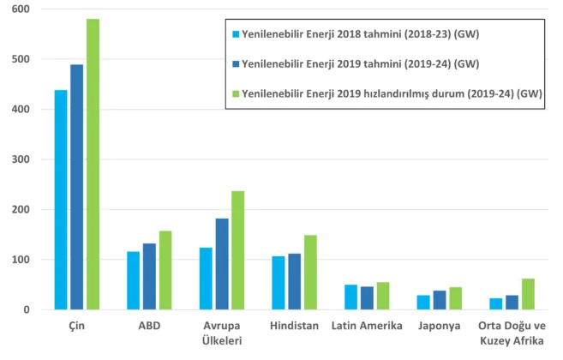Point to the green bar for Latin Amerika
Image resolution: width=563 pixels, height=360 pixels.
382,296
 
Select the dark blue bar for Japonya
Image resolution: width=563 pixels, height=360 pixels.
439,300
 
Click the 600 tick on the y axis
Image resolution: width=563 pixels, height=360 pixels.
18,9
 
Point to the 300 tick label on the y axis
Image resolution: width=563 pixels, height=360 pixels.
18,159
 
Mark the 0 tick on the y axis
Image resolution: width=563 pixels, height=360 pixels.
25,309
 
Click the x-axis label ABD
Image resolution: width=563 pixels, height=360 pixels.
149,326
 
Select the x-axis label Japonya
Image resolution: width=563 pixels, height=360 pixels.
439,326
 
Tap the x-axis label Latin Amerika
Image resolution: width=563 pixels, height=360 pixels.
366,326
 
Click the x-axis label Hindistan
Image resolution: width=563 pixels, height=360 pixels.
294,326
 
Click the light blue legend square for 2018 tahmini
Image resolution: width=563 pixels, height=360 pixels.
234,35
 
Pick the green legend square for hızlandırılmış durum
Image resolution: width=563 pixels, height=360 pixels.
234,93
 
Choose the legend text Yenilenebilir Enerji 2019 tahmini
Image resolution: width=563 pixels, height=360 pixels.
360,64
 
